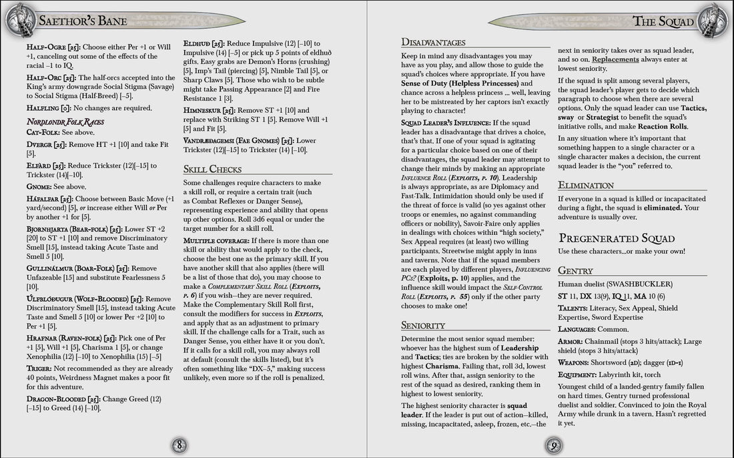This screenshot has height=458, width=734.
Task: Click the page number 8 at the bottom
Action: (x=179, y=445)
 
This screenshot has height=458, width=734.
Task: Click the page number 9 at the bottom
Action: (x=553, y=445)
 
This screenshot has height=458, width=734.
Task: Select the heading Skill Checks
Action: (x=212, y=169)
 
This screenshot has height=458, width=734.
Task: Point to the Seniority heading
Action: (x=423, y=325)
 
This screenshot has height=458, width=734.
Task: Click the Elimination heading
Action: (x=586, y=185)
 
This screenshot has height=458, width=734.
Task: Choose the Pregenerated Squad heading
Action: (x=617, y=238)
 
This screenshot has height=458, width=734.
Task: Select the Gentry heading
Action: (x=575, y=270)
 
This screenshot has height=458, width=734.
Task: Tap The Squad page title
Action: (x=663, y=21)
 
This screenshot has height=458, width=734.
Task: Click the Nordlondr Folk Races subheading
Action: (x=65, y=122)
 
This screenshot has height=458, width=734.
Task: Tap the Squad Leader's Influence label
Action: (x=445, y=123)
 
